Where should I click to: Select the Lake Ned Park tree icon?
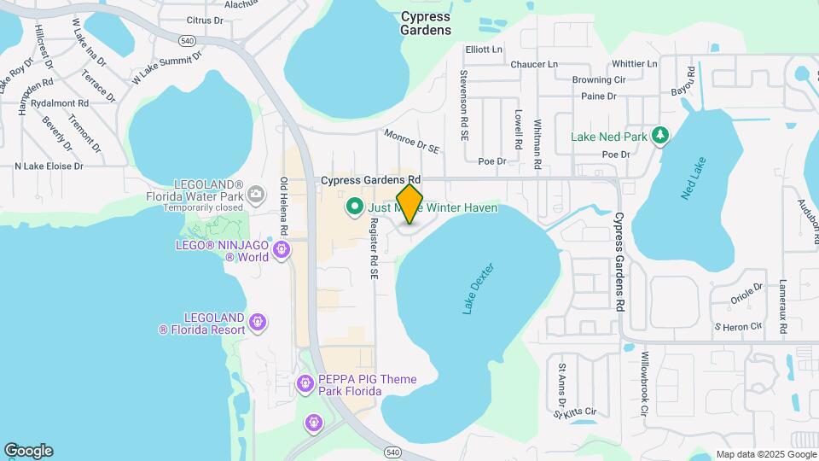click(x=659, y=136)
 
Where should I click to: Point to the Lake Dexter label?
click(x=478, y=289)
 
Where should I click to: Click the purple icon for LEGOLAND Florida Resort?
click(x=258, y=322)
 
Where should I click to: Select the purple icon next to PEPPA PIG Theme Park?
click(x=305, y=385)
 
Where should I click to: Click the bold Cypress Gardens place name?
click(x=426, y=23)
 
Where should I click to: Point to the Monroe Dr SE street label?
click(x=412, y=142)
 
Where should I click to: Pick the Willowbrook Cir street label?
click(x=646, y=384)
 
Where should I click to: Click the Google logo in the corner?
click(x=28, y=451)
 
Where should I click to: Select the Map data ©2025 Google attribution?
click(x=765, y=454)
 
